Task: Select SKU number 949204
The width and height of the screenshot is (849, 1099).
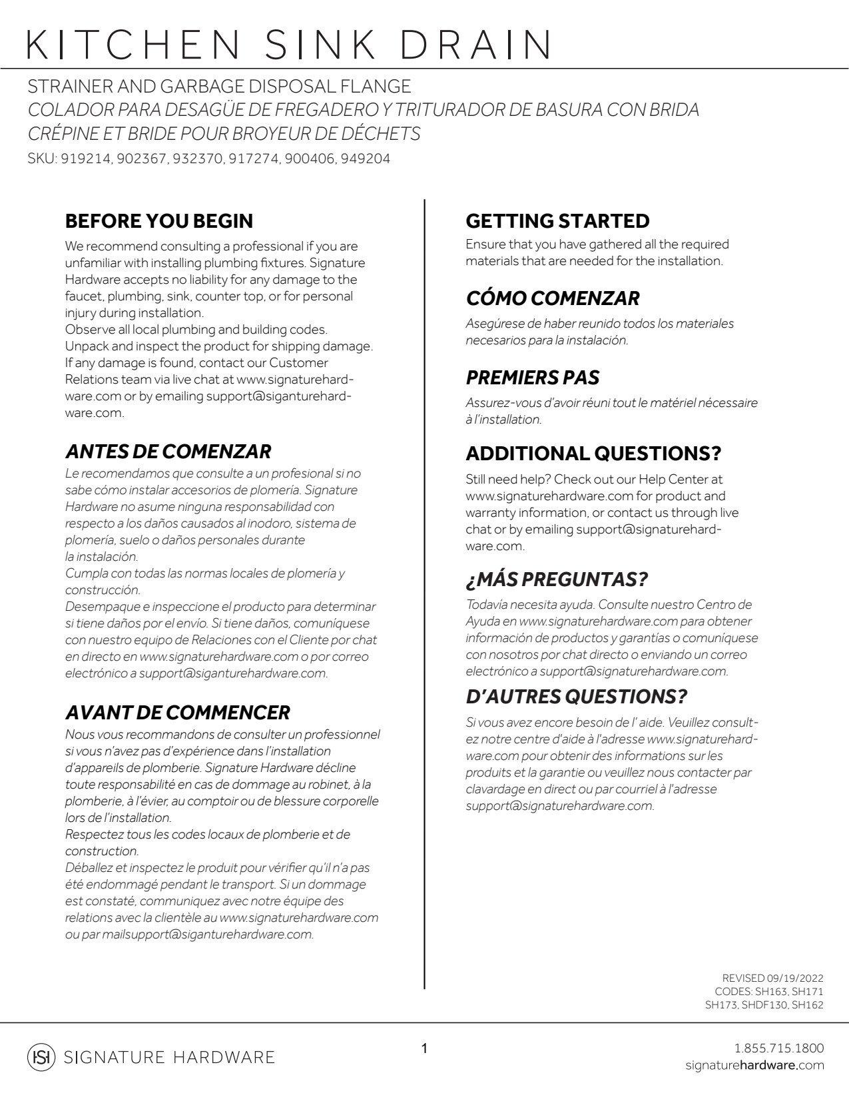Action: point(365,159)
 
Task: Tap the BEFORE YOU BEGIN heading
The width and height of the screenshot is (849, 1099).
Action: point(159,221)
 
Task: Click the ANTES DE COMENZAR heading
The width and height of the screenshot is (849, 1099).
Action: point(168,452)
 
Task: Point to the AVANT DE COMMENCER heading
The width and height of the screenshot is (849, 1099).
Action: point(177,713)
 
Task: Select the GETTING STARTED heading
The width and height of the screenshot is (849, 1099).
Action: point(557,221)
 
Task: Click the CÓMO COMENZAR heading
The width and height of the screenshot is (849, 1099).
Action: point(553,298)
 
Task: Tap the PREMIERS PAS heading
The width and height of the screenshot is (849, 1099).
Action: point(532,378)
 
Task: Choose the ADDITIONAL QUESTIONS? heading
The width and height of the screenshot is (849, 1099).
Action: point(593,454)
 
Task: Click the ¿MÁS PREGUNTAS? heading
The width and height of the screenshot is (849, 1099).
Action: point(557,579)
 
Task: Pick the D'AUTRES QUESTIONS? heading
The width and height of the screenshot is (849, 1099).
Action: point(576,697)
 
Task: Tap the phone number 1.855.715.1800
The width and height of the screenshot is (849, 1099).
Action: point(778,1048)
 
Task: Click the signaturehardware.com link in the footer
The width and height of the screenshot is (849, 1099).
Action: point(754,1066)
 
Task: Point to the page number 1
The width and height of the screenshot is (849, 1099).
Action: point(424,1049)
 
